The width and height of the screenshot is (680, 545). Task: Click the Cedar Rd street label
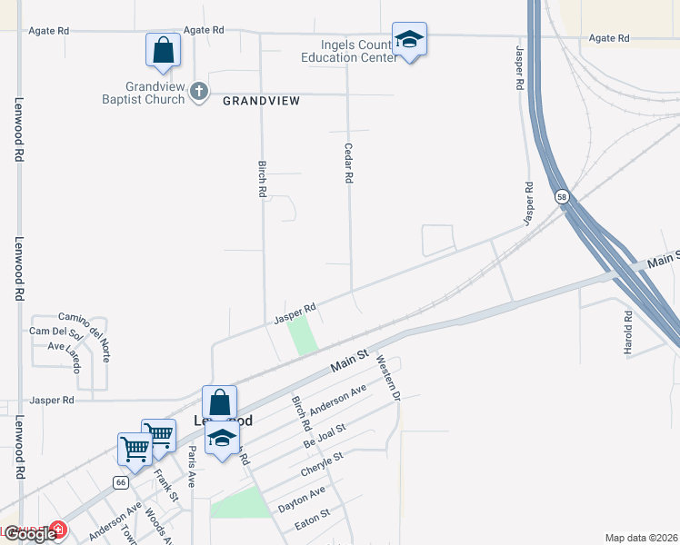pyautogui.click(x=348, y=163)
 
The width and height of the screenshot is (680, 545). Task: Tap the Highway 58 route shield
pyautogui.click(x=561, y=196)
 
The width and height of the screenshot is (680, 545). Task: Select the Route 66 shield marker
pyautogui.click(x=120, y=482)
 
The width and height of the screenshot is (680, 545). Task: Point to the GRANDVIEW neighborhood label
pyautogui.click(x=261, y=101)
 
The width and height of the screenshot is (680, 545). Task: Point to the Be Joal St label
pyautogui.click(x=325, y=435)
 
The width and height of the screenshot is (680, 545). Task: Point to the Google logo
pyautogui.click(x=28, y=534)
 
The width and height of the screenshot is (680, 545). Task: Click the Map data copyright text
pyautogui.click(x=641, y=538)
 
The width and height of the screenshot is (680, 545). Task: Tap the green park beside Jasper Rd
pyautogui.click(x=303, y=335)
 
